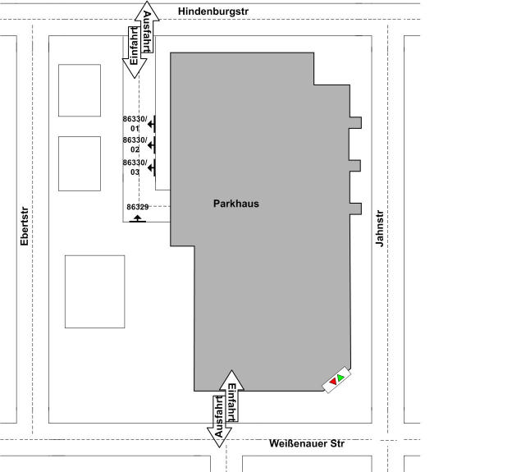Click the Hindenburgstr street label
[213, 11]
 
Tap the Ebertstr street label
[25, 226]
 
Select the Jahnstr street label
[379, 228]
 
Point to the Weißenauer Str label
[307, 443]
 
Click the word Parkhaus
[236, 204]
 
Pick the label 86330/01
[135, 123]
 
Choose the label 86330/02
[135, 144]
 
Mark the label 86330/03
[135, 167]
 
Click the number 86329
[138, 207]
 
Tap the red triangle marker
[333, 382]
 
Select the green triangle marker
[341, 378]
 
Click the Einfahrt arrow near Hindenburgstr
[135, 53]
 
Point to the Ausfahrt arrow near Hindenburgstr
[147, 27]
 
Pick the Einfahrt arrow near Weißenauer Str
[232, 396]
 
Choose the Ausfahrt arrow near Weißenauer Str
[219, 421]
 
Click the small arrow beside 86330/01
[152, 124]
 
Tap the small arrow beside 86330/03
[152, 168]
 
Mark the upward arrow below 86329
[138, 219]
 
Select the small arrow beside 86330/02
[152, 145]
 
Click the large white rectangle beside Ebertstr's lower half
[94, 291]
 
